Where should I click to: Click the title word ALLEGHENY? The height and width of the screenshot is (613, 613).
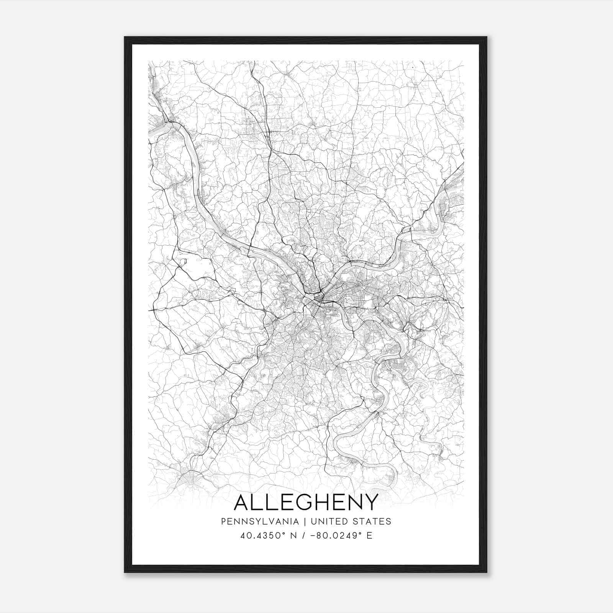point(306,502)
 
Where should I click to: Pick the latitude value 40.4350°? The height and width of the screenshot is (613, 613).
point(261,536)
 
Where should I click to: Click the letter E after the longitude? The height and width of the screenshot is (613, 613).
point(369,536)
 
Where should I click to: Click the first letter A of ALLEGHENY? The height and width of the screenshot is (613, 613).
point(242,502)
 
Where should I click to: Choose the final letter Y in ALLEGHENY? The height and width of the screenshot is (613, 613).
point(371,502)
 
